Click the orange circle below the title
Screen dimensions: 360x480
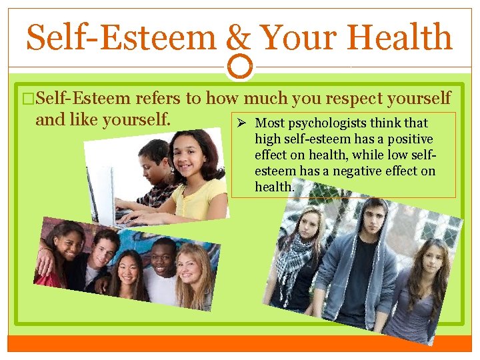[x=240, y=65]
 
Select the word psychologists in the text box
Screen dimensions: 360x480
[x=347, y=123]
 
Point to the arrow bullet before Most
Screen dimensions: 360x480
[x=244, y=123]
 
